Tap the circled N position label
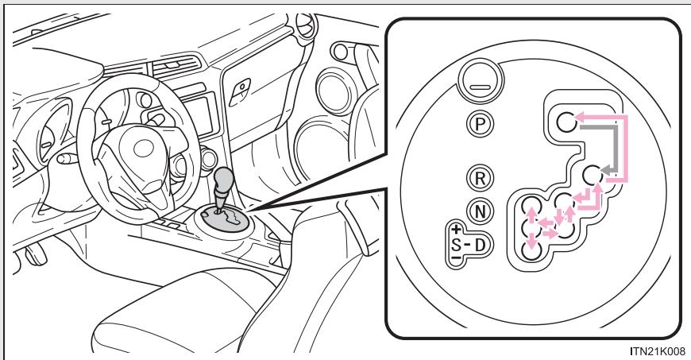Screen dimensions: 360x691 pos(475,211)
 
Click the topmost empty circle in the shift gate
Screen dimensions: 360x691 pos(564,121)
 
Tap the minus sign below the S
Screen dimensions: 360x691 pos(457,257)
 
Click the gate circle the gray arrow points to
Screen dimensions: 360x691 pos(591,174)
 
